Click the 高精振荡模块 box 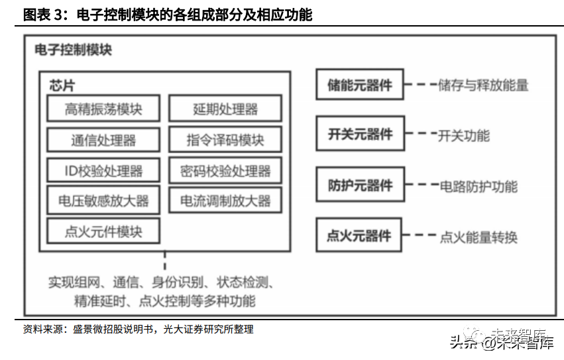click(x=103, y=109)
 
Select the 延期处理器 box click(x=225, y=109)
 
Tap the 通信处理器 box click(x=103, y=140)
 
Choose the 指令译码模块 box click(x=225, y=140)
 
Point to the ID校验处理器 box click(x=103, y=170)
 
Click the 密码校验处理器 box click(x=225, y=170)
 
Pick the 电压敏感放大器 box click(x=103, y=201)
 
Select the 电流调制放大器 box click(x=225, y=201)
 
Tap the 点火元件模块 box click(x=103, y=231)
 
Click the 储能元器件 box click(x=360, y=85)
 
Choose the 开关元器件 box click(x=360, y=135)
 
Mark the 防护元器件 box click(x=360, y=186)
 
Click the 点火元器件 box click(x=360, y=235)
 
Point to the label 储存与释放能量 click(x=483, y=85)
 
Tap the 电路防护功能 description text click(x=479, y=186)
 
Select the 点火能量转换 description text click(x=479, y=237)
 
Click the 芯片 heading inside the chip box click(x=62, y=86)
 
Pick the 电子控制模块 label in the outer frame click(x=73, y=50)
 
